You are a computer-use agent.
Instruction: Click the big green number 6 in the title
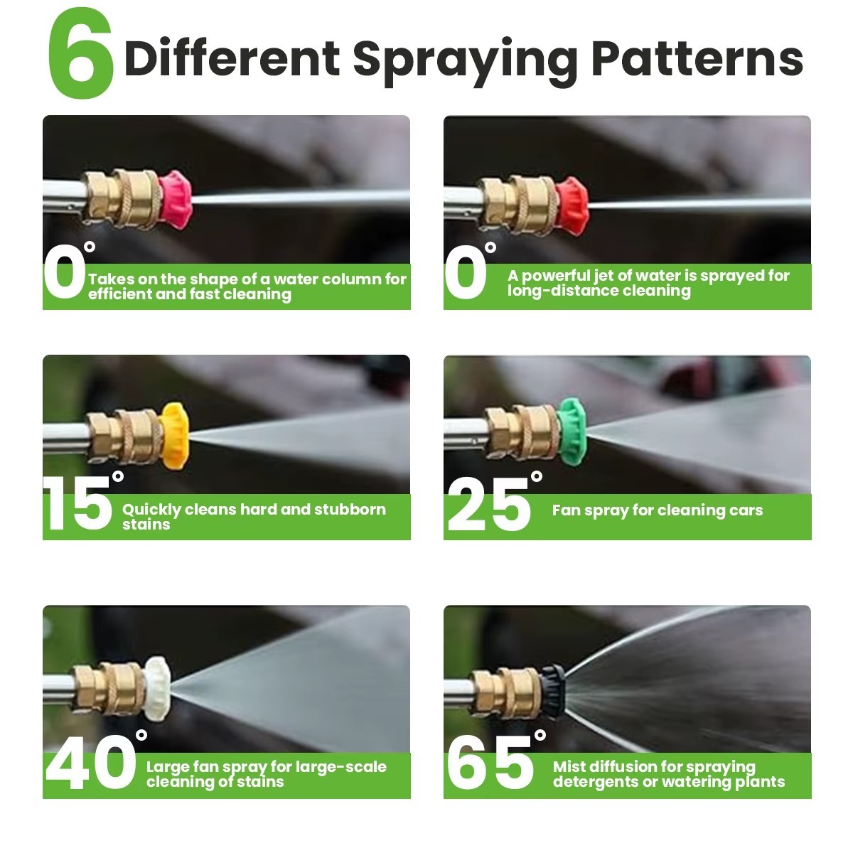[80, 53]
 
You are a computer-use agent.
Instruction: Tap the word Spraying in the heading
[465, 62]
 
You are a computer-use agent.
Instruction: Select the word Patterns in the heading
[697, 58]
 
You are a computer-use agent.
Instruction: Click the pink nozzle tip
[176, 200]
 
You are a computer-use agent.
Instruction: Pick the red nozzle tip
[572, 206]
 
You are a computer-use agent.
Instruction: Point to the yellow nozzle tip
[174, 436]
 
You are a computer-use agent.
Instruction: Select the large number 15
[77, 504]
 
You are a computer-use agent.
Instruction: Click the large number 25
[488, 504]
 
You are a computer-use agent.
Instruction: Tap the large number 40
[91, 762]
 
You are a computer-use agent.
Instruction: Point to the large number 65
[490, 762]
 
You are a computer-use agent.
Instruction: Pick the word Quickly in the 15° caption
[151, 510]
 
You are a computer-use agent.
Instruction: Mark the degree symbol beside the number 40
[141, 735]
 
